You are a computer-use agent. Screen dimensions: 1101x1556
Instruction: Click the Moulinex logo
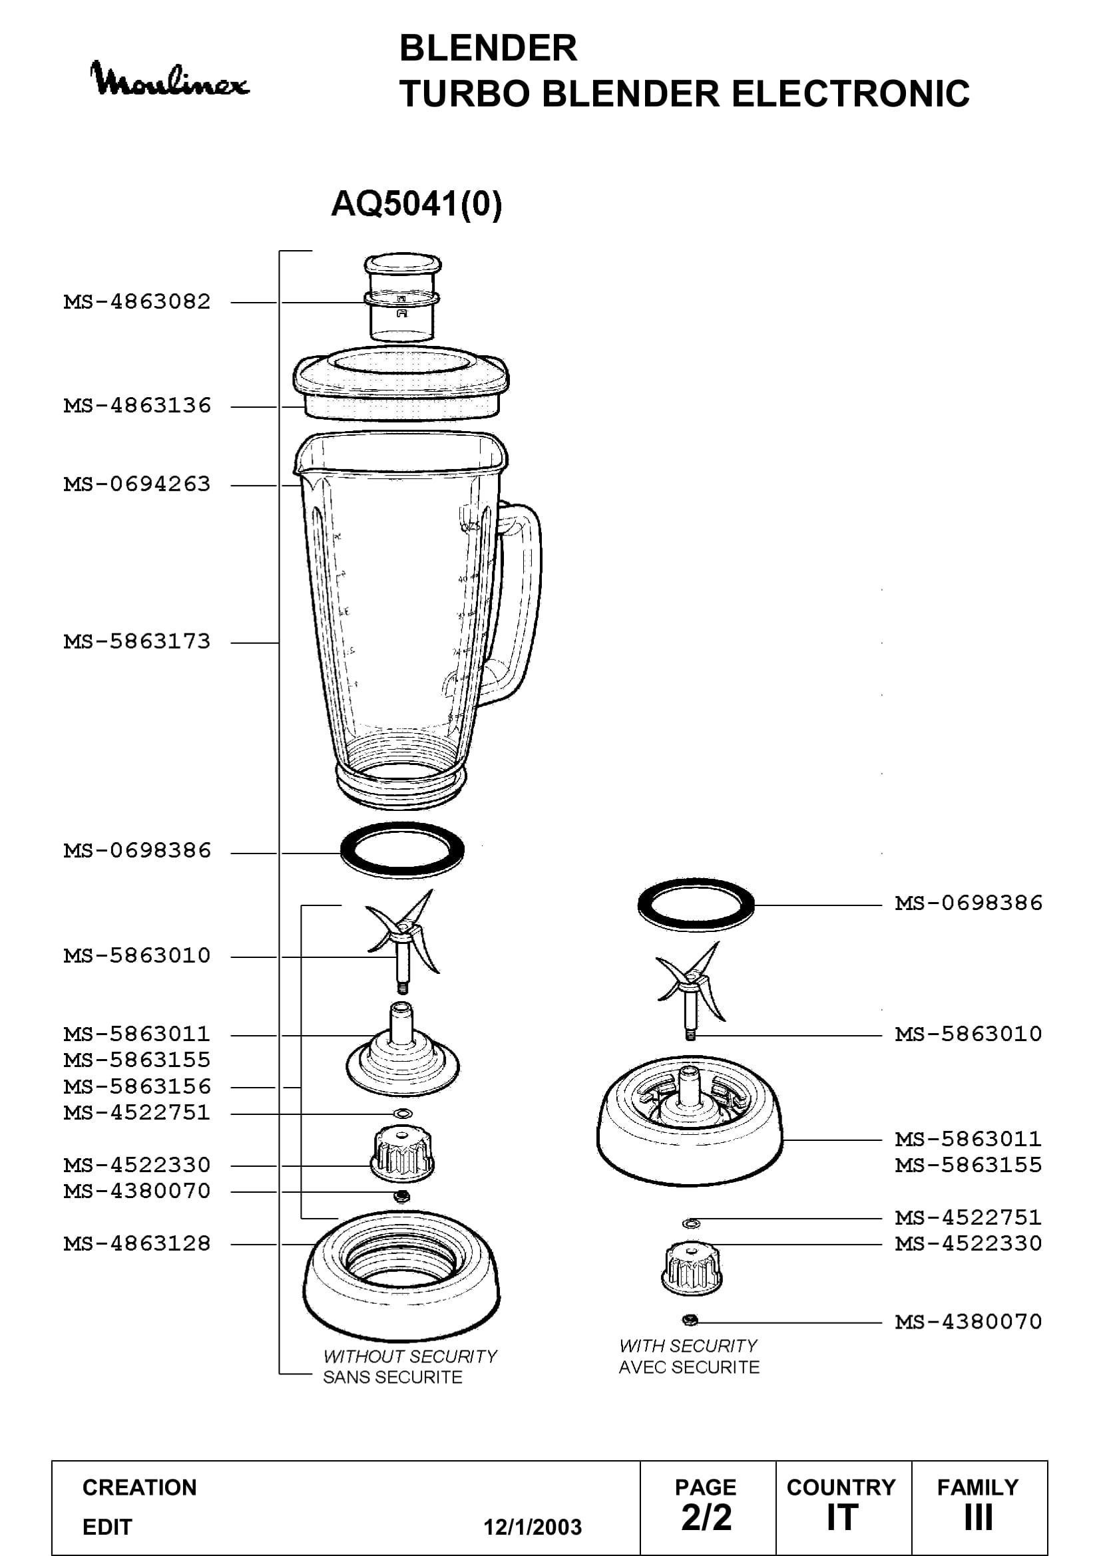pyautogui.click(x=170, y=80)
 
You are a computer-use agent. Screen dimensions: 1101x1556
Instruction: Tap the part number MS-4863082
pyautogui.click(x=137, y=301)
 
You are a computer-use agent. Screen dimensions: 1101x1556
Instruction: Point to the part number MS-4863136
pyautogui.click(x=137, y=405)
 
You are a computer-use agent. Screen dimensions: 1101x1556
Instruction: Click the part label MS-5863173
pyautogui.click(x=137, y=641)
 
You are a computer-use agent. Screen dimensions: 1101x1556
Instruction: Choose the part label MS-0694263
pyautogui.click(x=137, y=484)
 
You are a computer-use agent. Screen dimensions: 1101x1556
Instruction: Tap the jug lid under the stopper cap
pyautogui.click(x=401, y=384)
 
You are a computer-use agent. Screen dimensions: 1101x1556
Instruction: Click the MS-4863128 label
pyautogui.click(x=137, y=1243)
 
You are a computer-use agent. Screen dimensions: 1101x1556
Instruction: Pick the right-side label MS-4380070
pyautogui.click(x=968, y=1322)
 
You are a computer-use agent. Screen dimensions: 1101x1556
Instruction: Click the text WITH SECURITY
pyautogui.click(x=688, y=1346)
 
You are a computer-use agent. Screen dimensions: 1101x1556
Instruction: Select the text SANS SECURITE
pyautogui.click(x=393, y=1377)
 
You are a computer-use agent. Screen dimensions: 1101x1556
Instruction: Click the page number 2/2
pyautogui.click(x=706, y=1517)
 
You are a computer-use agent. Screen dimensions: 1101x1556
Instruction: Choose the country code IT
pyautogui.click(x=842, y=1517)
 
